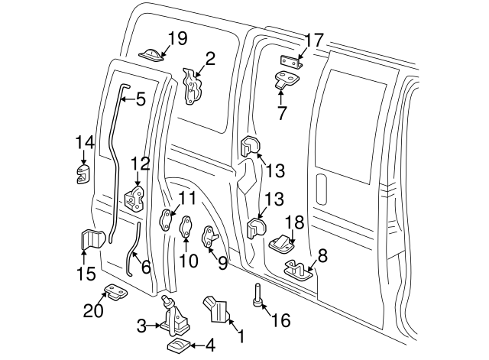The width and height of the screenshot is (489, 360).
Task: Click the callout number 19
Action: click(177, 38)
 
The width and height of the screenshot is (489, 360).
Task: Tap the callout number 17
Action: click(314, 40)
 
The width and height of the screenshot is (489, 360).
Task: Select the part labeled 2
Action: click(193, 86)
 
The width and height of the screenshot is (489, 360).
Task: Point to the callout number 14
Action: click(85, 141)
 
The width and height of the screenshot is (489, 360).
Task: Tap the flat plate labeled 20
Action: click(115, 292)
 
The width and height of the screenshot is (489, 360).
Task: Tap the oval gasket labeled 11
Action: click(167, 221)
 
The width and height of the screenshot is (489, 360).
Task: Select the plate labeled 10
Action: click(186, 229)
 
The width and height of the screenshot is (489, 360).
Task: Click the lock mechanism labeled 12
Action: click(136, 199)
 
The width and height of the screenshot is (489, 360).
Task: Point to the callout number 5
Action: click(140, 98)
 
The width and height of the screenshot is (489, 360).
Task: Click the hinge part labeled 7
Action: click(288, 79)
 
